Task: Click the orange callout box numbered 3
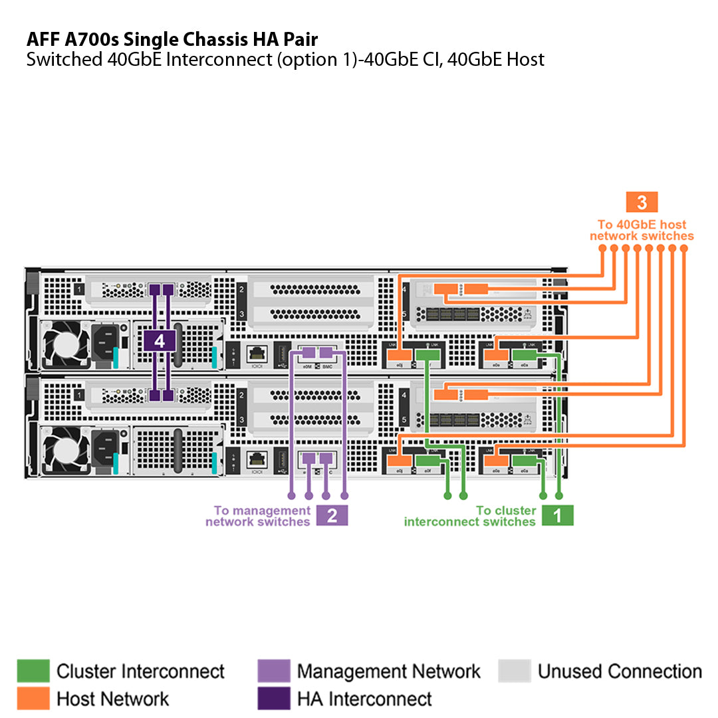tap(642, 202)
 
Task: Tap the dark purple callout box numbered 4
tap(159, 341)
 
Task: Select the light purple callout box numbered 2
tap(332, 516)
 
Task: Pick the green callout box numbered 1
tap(557, 516)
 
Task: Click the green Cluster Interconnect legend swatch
tap(33, 671)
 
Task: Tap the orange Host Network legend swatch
tap(33, 699)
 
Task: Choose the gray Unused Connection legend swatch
tap(515, 671)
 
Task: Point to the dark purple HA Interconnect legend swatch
tap(274, 699)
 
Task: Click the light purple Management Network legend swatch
tap(274, 671)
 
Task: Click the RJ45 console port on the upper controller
tap(257, 354)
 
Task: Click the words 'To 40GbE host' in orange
tap(642, 225)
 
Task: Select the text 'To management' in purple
tap(262, 511)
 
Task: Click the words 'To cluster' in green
tap(506, 511)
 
